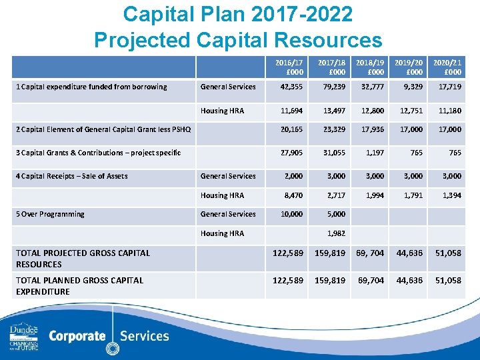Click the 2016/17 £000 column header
click(x=285, y=67)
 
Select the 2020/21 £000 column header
click(x=447, y=67)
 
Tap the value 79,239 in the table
click(x=332, y=87)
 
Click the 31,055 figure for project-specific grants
click(x=332, y=153)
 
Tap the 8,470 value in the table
click(x=292, y=195)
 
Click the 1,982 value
click(x=335, y=233)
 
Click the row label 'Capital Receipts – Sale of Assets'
click(x=72, y=176)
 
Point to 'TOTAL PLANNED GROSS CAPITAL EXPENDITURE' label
click(x=80, y=285)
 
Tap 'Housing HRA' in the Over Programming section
click(x=222, y=233)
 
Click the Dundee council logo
click(x=24, y=337)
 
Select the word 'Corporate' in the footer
click(x=77, y=335)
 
